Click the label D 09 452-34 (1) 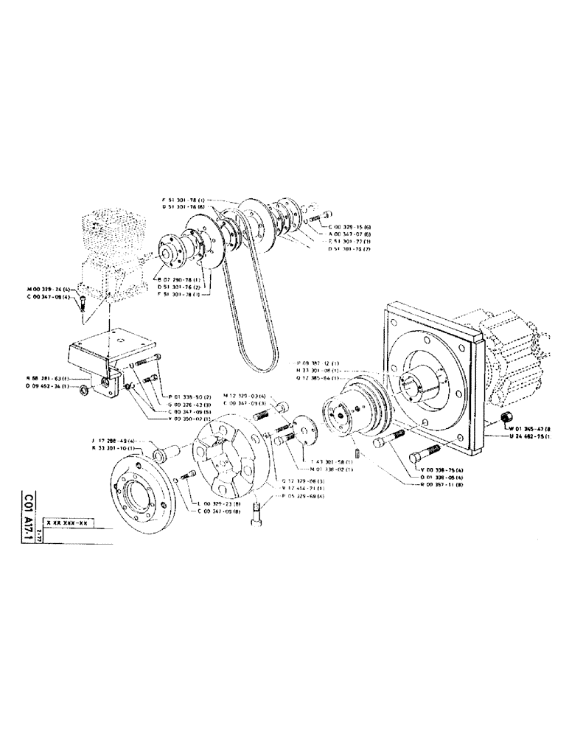coord(47,385)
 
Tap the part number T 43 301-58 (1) coord(333,462)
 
